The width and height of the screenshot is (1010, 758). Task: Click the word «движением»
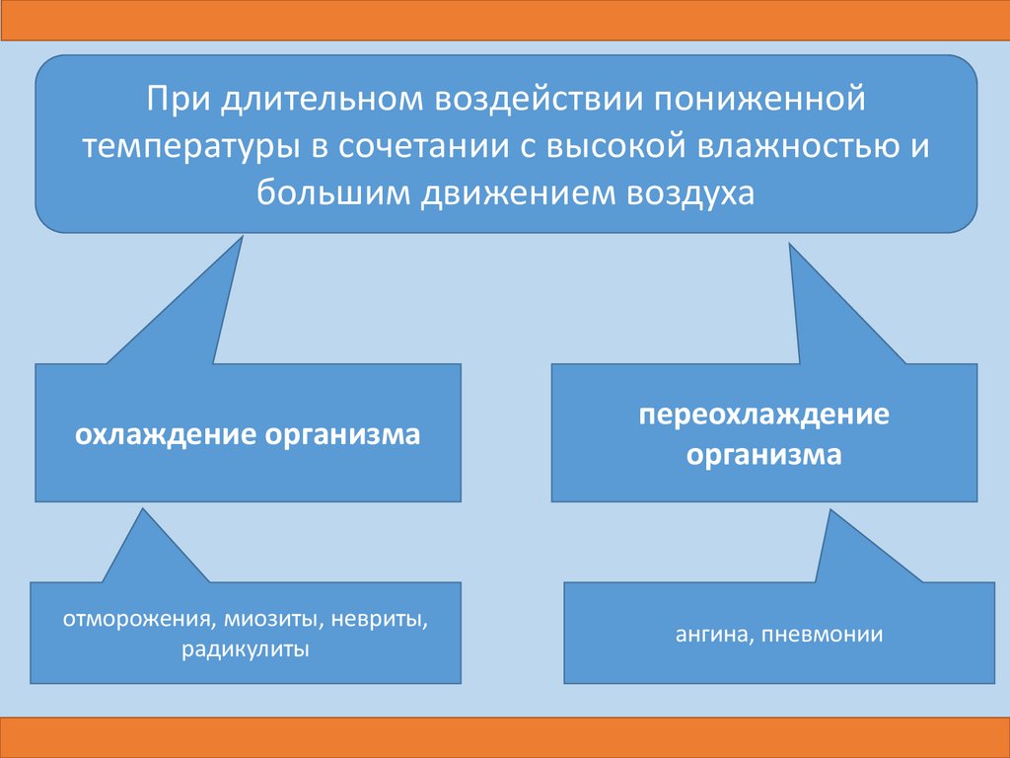pyautogui.click(x=505, y=191)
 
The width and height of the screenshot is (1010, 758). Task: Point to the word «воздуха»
pyautogui.click(x=685, y=191)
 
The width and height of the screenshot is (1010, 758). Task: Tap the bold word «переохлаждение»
pyautogui.click(x=763, y=414)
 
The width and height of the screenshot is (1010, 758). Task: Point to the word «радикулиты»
pyautogui.click(x=246, y=649)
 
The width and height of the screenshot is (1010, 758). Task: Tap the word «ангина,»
pyautogui.click(x=709, y=635)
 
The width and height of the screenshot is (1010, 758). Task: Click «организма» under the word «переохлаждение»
pyautogui.click(x=764, y=456)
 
